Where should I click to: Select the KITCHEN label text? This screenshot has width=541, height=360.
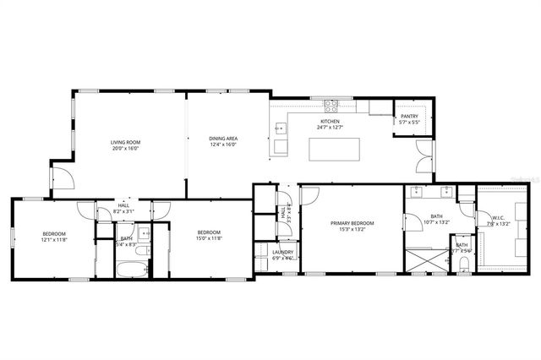click(x=330, y=122)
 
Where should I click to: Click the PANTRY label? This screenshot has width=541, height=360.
click(x=409, y=117)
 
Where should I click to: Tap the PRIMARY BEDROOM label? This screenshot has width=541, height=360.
click(x=352, y=223)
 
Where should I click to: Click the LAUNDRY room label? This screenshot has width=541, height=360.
click(x=282, y=252)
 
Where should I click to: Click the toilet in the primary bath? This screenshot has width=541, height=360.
click(x=464, y=264)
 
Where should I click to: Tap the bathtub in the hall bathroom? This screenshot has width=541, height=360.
click(x=134, y=270)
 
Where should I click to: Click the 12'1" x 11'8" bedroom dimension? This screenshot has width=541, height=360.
click(x=54, y=238)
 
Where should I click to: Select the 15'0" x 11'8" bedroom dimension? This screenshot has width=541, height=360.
click(x=209, y=238)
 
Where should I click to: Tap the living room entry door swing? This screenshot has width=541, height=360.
click(x=61, y=177)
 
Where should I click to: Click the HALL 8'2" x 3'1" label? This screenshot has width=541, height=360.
click(x=123, y=208)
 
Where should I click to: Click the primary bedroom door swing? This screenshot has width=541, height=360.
click(x=309, y=195)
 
